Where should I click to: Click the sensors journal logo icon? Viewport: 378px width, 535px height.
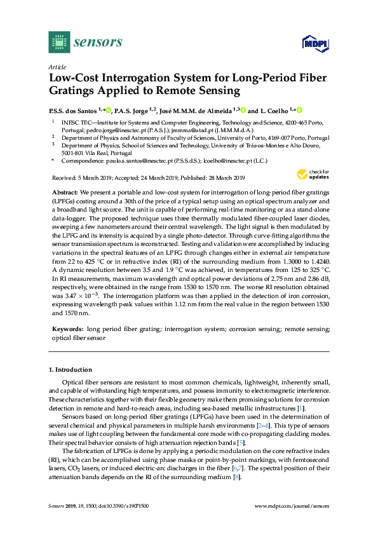tap(58, 43)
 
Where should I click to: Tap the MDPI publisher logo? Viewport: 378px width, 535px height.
tap(311, 43)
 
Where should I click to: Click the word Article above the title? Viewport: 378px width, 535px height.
tap(56, 66)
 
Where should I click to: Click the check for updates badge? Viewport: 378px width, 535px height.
tap(316, 173)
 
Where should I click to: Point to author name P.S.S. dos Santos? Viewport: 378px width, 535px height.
tap(77, 110)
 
